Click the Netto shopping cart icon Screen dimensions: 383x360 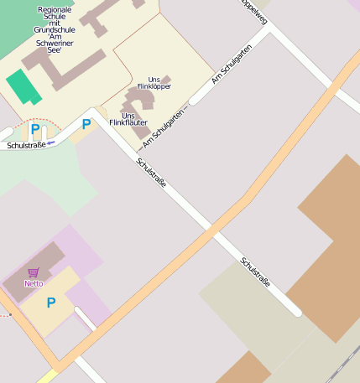[x=34, y=272]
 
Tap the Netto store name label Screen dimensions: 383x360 [x=34, y=283]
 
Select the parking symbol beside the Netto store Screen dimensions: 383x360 [x=51, y=303]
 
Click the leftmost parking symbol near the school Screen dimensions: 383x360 [x=35, y=129]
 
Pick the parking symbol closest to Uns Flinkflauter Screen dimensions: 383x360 [x=86, y=124]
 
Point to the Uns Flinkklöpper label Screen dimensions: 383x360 [x=154, y=83]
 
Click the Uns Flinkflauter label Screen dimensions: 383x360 [x=128, y=119]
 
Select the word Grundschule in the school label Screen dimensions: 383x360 [x=55, y=29]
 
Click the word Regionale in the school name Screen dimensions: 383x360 [x=55, y=9]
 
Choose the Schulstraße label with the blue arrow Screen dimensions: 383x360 [x=25, y=145]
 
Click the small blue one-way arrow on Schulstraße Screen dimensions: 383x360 [x=51, y=142]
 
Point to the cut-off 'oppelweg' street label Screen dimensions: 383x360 [x=254, y=12]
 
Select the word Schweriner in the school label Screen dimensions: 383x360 [x=55, y=43]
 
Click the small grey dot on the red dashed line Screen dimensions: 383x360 [x=10, y=316]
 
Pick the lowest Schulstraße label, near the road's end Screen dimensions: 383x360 [x=255, y=272]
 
